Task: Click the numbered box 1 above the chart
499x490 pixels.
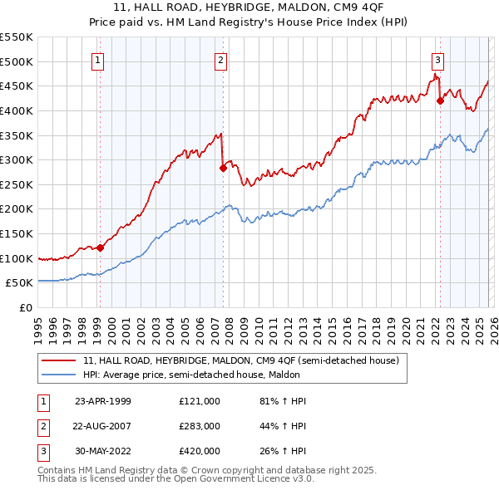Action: [x=98, y=60]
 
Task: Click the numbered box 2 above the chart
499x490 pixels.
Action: [x=221, y=60]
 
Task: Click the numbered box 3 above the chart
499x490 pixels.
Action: [x=437, y=60]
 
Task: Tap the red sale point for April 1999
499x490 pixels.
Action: [x=100, y=247]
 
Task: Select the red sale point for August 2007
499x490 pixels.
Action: [x=223, y=168]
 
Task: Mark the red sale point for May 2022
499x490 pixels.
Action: [x=441, y=100]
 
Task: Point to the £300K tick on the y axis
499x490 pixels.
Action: [x=17, y=159]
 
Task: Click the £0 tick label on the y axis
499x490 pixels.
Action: [x=27, y=307]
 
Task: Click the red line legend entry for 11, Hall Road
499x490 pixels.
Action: [x=241, y=360]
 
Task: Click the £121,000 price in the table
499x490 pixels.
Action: [x=199, y=401]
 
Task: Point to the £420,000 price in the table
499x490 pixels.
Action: [x=199, y=451]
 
